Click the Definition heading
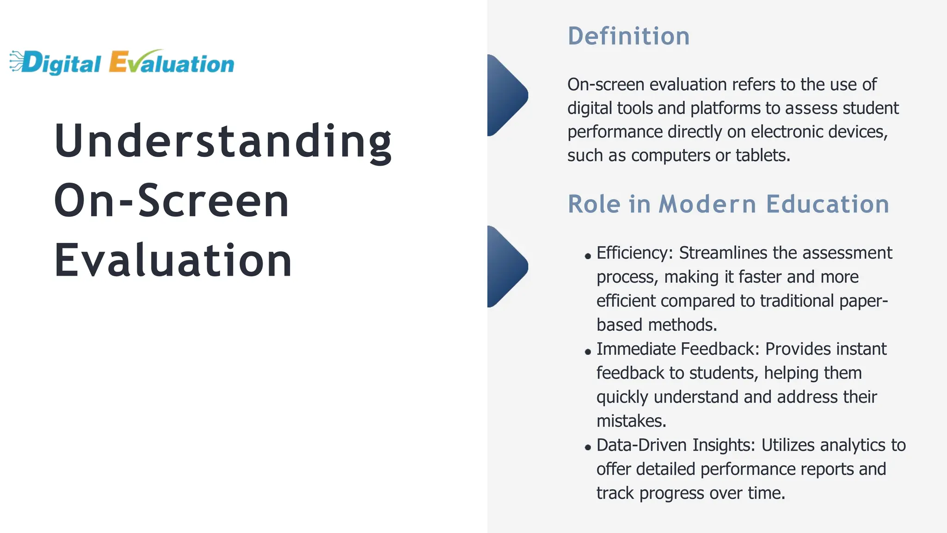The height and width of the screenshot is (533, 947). (x=628, y=36)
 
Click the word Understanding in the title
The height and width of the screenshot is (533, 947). (x=223, y=141)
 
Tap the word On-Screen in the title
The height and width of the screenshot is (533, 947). (x=172, y=200)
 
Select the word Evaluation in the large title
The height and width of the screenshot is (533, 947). (x=173, y=260)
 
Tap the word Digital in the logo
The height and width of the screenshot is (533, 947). (x=61, y=64)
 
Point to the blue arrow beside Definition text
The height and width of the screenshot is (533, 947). (x=506, y=95)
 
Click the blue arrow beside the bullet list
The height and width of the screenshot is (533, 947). (x=506, y=266)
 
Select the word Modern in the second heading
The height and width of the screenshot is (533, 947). (x=707, y=204)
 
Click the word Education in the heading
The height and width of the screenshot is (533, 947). (x=828, y=204)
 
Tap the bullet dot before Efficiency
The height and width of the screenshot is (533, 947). (x=588, y=256)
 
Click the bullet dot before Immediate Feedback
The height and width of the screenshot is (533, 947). (x=588, y=352)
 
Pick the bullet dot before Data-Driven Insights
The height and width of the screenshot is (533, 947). (x=588, y=447)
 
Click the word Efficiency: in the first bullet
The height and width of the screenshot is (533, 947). (x=635, y=253)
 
